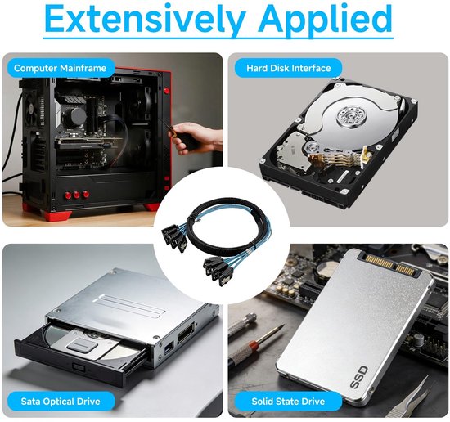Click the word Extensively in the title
(x=146, y=19)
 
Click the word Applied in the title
(x=326, y=19)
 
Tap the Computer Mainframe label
(x=60, y=68)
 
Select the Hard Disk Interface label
(x=289, y=68)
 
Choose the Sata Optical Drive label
(x=61, y=401)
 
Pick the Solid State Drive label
(x=288, y=401)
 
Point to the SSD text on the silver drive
(x=359, y=377)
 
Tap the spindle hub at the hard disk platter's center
(x=351, y=115)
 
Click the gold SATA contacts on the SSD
(x=389, y=264)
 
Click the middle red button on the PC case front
(x=77, y=195)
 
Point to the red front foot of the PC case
(x=57, y=215)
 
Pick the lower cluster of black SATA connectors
(x=218, y=271)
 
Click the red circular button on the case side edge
(x=166, y=92)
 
